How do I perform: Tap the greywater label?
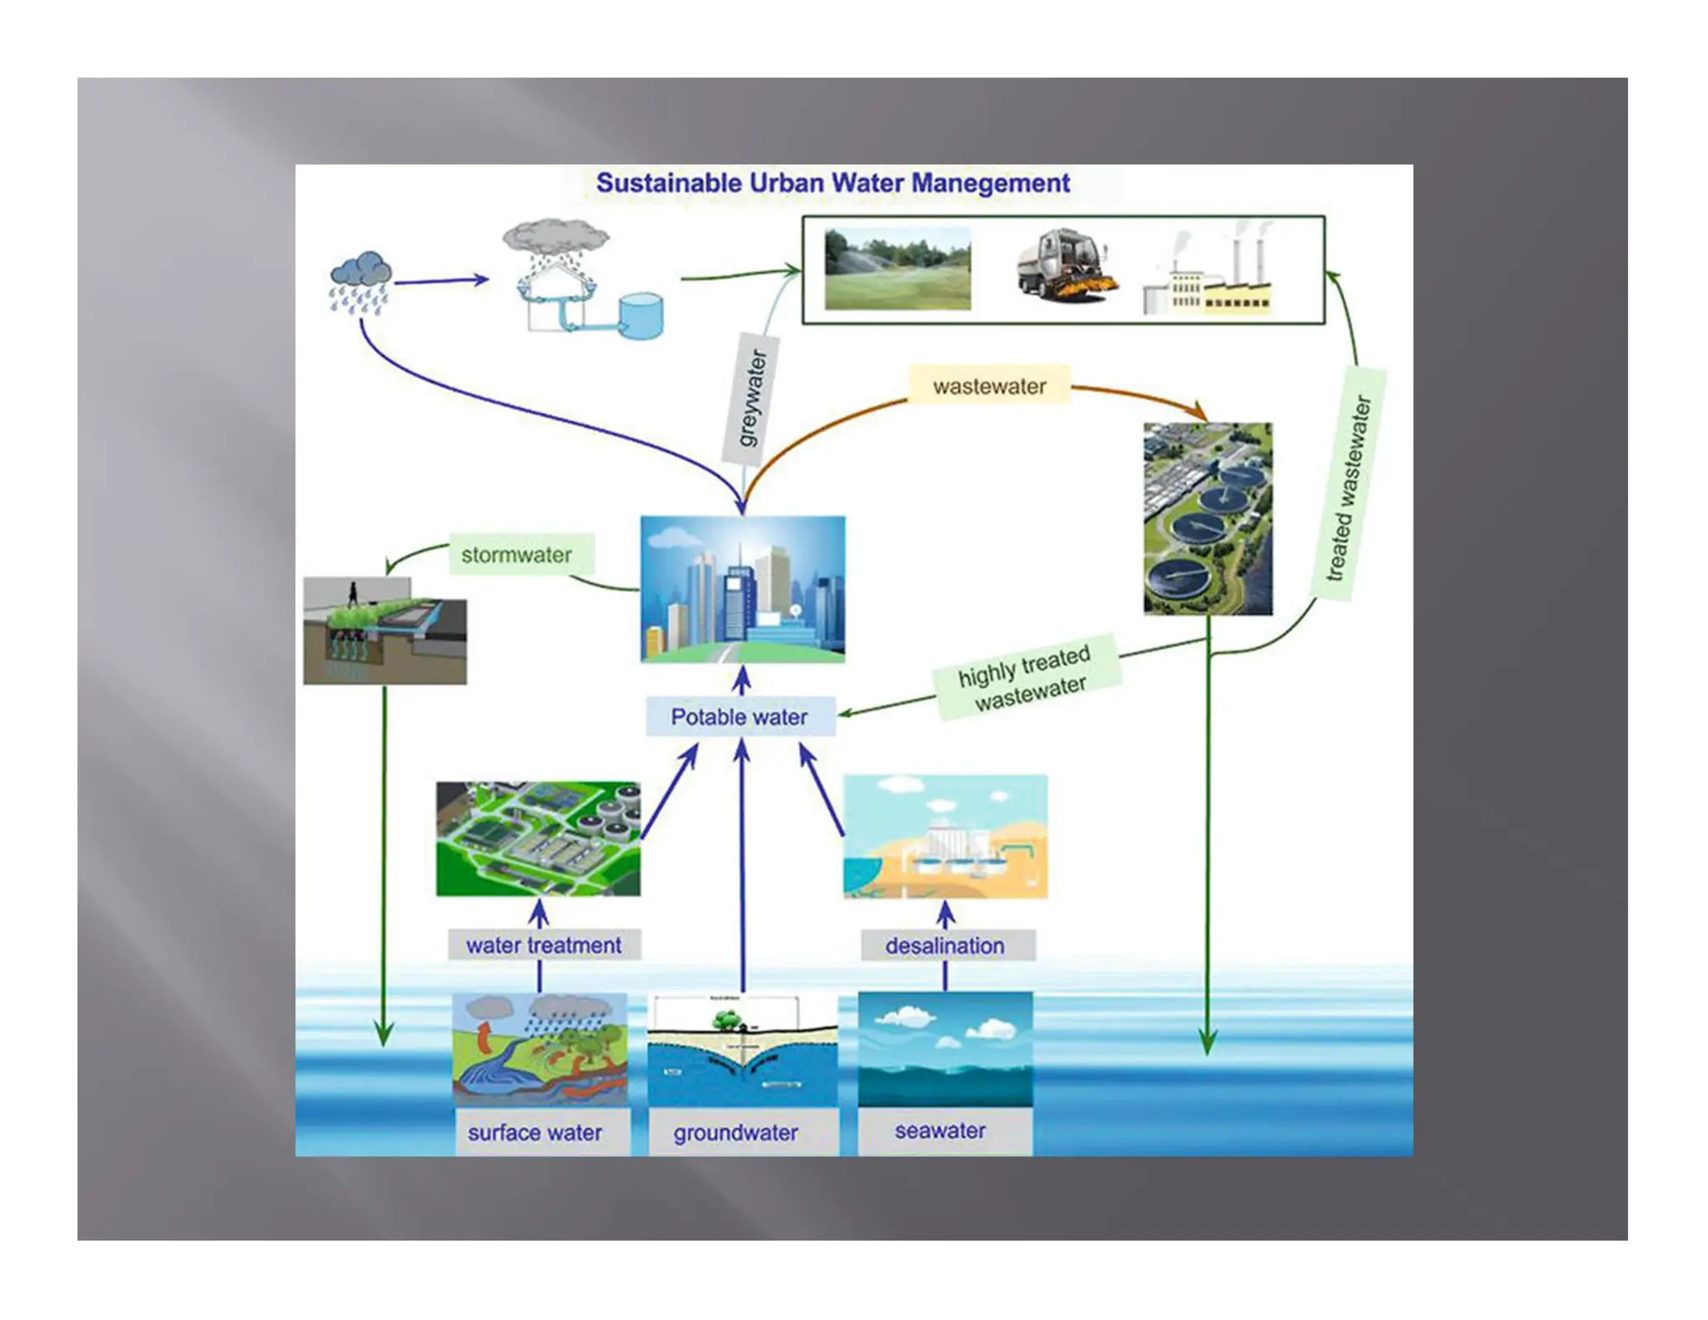pos(751,399)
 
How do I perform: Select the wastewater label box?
pos(988,386)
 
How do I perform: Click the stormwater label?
pos(517,555)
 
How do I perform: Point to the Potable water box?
pos(740,717)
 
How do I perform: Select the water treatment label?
pos(544,945)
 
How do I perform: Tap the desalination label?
pos(945,945)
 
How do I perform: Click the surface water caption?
pos(535,1132)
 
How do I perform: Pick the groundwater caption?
pos(736,1132)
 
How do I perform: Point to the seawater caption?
pos(941,1131)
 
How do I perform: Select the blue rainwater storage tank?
pos(641,315)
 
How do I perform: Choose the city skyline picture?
pos(742,589)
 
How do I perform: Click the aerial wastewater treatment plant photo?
pos(1208,519)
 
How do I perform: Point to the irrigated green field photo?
pos(897,269)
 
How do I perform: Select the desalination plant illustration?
pos(945,836)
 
